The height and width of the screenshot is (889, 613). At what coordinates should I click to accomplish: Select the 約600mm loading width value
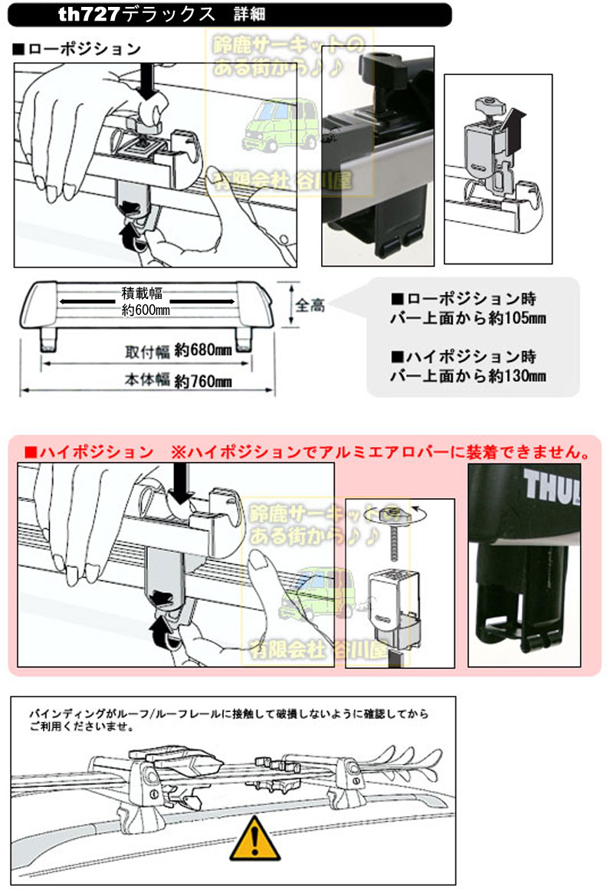point(146,310)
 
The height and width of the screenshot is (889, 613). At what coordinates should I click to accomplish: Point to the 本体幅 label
point(148,379)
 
